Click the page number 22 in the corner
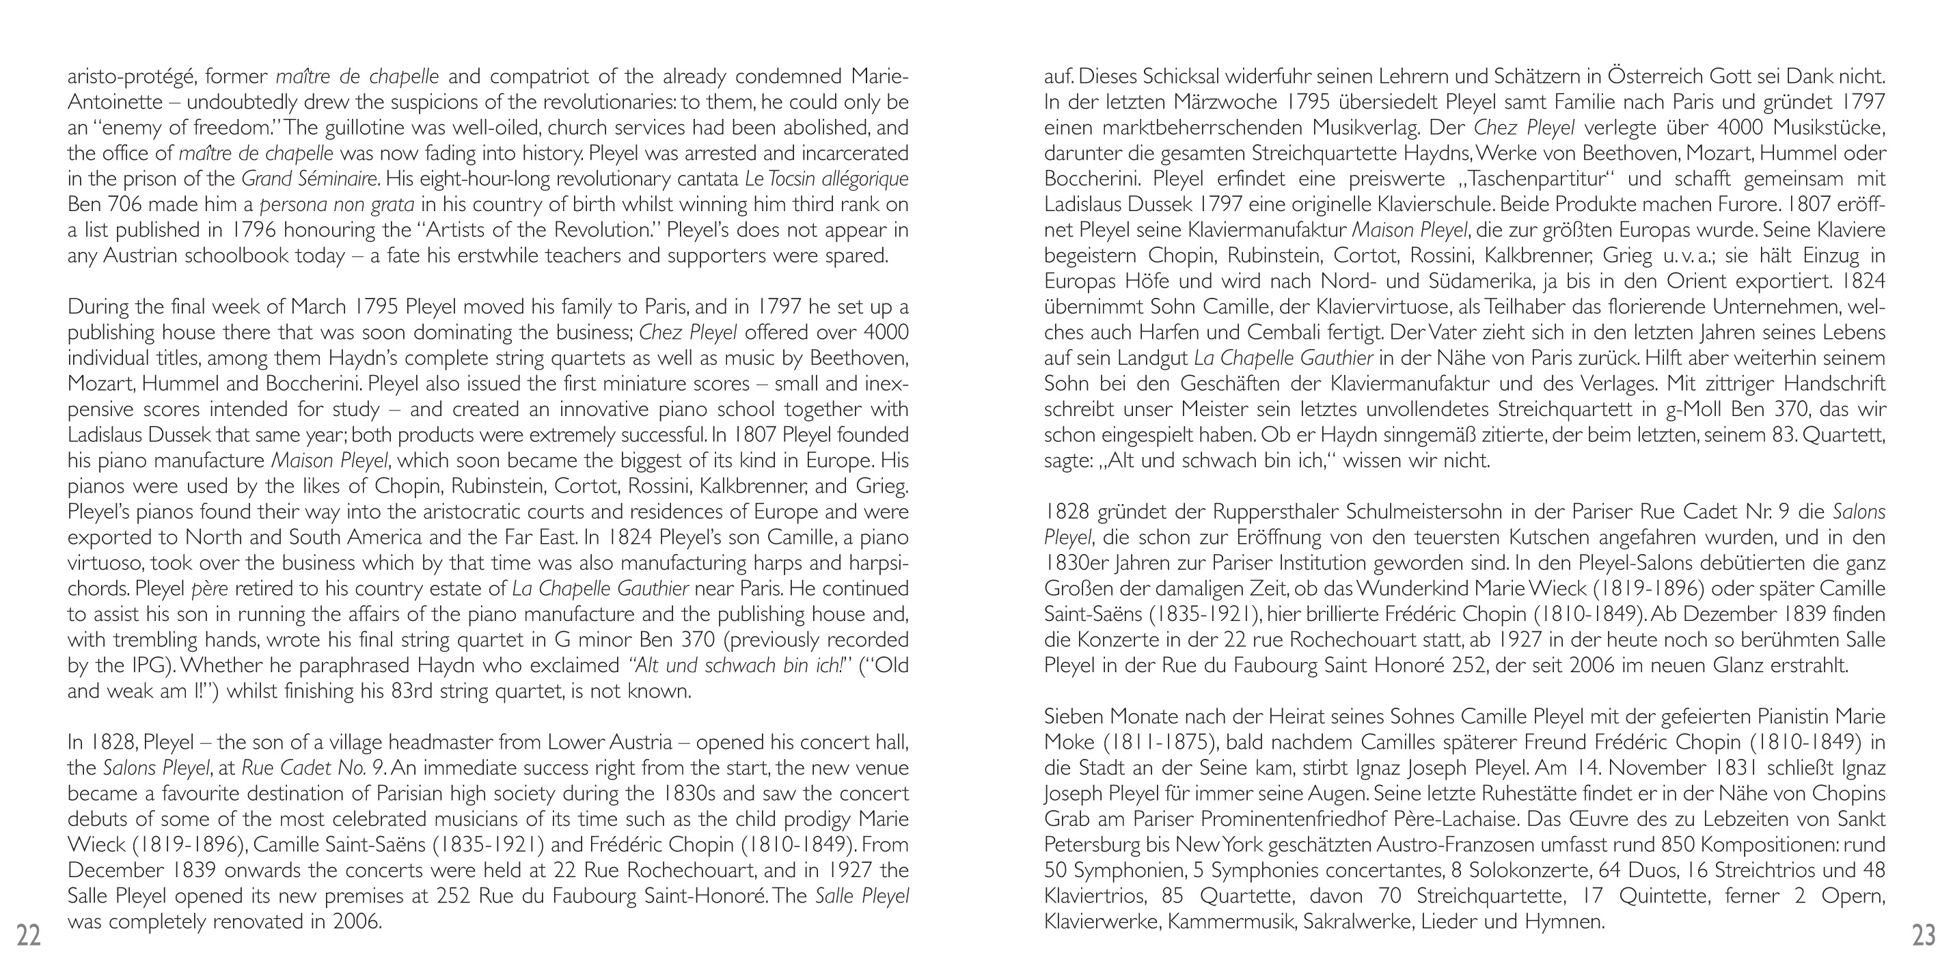[x=29, y=936]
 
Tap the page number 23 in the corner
[x=1924, y=936]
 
